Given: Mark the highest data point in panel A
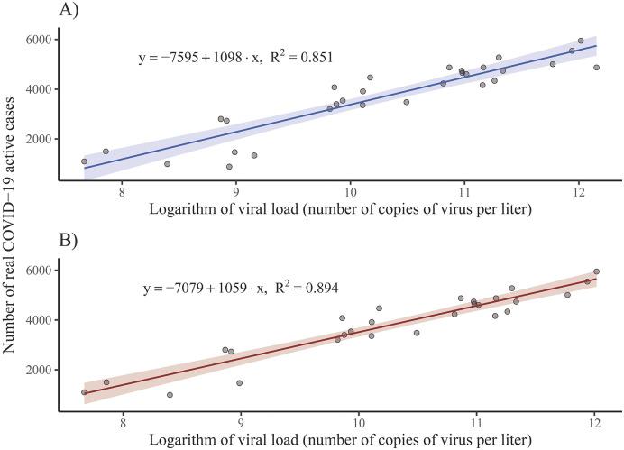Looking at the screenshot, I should click(x=581, y=41).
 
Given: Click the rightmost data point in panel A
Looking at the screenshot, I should click(x=596, y=68).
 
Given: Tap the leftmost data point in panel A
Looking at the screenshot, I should click(x=84, y=161).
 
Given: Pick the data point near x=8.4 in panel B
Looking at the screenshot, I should click(x=170, y=395).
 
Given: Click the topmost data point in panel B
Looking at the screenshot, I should click(x=596, y=271).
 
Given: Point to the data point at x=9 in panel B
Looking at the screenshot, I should click(x=240, y=383).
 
